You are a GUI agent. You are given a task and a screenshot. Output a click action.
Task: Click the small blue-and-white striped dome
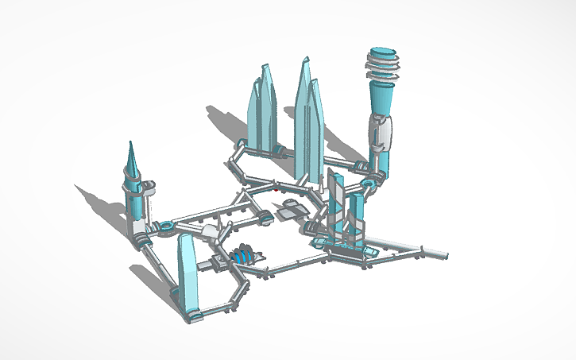pyautogui.click(x=243, y=256)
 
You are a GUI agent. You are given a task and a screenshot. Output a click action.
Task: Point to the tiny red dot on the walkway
pyautogui.click(x=275, y=191)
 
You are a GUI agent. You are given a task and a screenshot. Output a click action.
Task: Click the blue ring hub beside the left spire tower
pyautogui.click(x=167, y=228)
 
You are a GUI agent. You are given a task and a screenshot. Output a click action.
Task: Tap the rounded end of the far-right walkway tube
pyautogui.click(x=444, y=255)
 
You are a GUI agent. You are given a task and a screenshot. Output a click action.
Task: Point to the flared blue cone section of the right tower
pyautogui.click(x=383, y=99)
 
